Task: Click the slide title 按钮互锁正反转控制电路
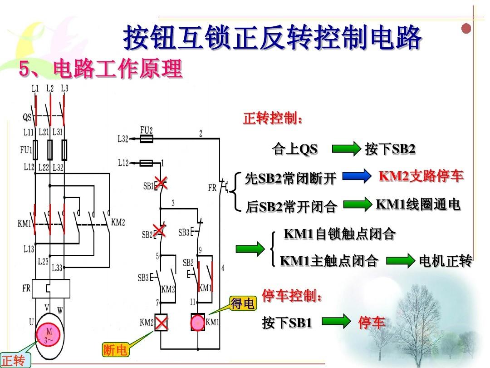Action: pos(272,38)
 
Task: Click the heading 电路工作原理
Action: pos(118,69)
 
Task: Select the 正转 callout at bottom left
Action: pos(15,360)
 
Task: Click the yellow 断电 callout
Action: pos(115,350)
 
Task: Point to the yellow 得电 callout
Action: pos(243,303)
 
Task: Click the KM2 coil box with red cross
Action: pos(161,322)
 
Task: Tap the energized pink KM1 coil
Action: pos(197,322)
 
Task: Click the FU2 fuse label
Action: pos(146,129)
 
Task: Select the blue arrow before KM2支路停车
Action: pos(357,176)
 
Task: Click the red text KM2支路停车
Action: pos(421,176)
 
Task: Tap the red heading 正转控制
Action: pos(273,118)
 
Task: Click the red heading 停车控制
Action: pos(292,295)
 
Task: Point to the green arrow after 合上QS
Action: pos(346,148)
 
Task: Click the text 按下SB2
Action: pos(390,149)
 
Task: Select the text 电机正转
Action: pos(446,260)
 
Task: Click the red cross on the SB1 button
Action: pos(161,183)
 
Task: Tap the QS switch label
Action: pos(27,117)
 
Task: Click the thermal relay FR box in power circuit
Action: pos(51,288)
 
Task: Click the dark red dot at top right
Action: pos(466,29)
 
